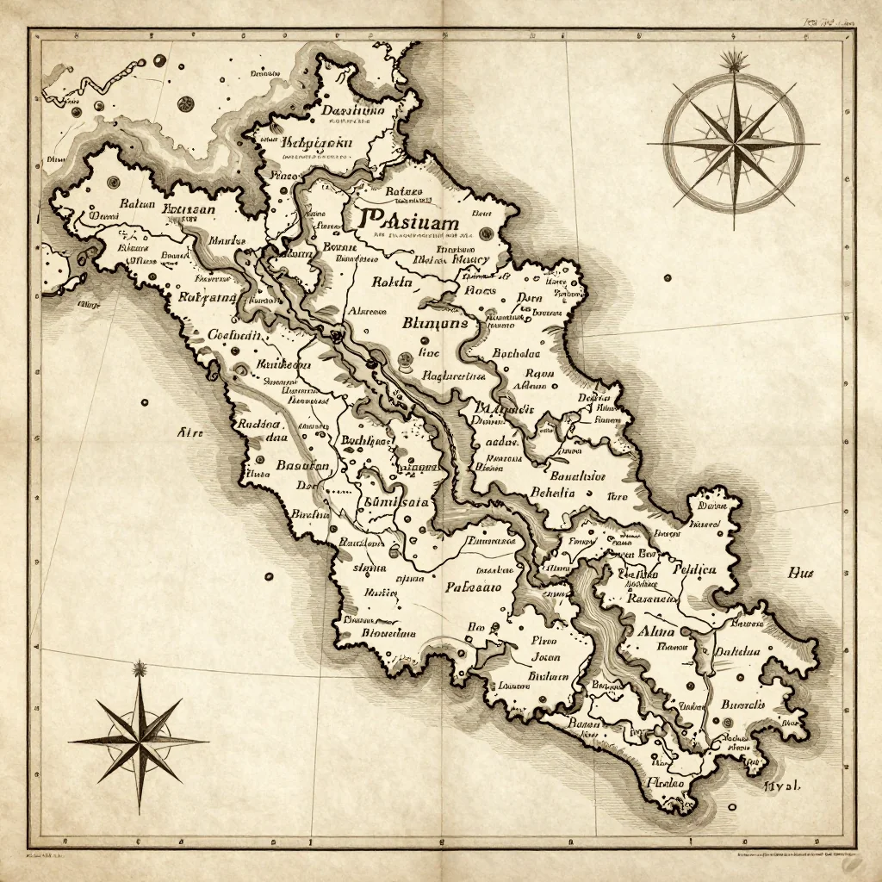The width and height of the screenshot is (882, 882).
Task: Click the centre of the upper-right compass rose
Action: (735, 144)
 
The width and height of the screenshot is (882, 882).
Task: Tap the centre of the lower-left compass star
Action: (139, 738)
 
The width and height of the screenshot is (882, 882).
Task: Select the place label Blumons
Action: (435, 324)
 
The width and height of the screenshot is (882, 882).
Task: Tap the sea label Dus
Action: (801, 573)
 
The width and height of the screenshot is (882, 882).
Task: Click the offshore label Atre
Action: (189, 432)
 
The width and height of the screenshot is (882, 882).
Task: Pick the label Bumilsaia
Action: (397, 503)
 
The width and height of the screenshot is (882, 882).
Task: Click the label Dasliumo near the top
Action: (353, 110)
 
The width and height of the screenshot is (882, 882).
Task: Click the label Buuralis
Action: (742, 704)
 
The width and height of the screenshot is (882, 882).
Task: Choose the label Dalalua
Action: (738, 652)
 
